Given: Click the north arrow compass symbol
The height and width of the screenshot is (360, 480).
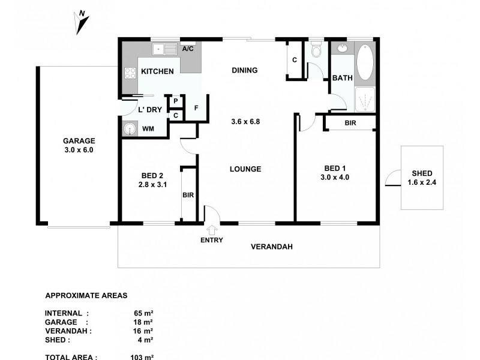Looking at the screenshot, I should click(82, 23).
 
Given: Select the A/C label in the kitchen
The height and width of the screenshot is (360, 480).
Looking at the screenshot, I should click(187, 49).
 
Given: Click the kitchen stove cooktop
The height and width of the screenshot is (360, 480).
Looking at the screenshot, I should click(130, 73).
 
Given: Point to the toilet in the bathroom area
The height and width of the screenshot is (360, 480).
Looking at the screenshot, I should click(316, 51).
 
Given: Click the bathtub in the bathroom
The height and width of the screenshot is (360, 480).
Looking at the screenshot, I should click(364, 62).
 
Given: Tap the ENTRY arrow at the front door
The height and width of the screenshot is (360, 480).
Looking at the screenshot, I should click(212, 229).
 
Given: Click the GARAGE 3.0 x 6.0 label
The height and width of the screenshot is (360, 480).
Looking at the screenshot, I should click(79, 145).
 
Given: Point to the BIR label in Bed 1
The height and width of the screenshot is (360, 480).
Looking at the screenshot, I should click(350, 123).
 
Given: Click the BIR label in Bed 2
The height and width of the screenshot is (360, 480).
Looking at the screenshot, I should click(188, 195).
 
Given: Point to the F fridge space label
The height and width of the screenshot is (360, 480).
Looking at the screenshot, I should click(196, 108).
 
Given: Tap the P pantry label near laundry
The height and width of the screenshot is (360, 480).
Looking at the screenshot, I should click(175, 102).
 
